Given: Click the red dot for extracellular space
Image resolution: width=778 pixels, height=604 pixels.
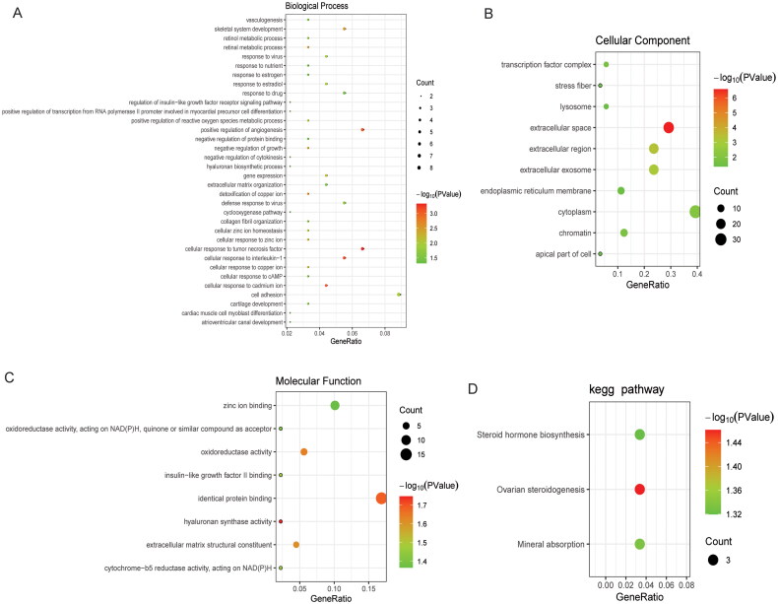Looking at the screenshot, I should [x=669, y=127].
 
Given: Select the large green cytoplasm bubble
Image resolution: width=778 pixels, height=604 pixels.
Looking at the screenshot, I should [x=695, y=211].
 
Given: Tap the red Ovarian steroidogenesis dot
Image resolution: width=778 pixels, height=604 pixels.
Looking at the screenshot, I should [x=640, y=490].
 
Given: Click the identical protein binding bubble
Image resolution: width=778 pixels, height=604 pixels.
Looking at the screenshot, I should [x=381, y=499].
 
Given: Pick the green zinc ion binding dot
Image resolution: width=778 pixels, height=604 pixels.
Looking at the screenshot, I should [x=335, y=406].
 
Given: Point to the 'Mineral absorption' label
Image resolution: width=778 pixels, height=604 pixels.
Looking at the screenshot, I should [x=546, y=544].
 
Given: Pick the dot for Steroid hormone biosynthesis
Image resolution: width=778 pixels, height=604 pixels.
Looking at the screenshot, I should [x=640, y=435].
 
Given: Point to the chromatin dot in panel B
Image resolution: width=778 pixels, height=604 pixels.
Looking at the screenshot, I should [x=623, y=233].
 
